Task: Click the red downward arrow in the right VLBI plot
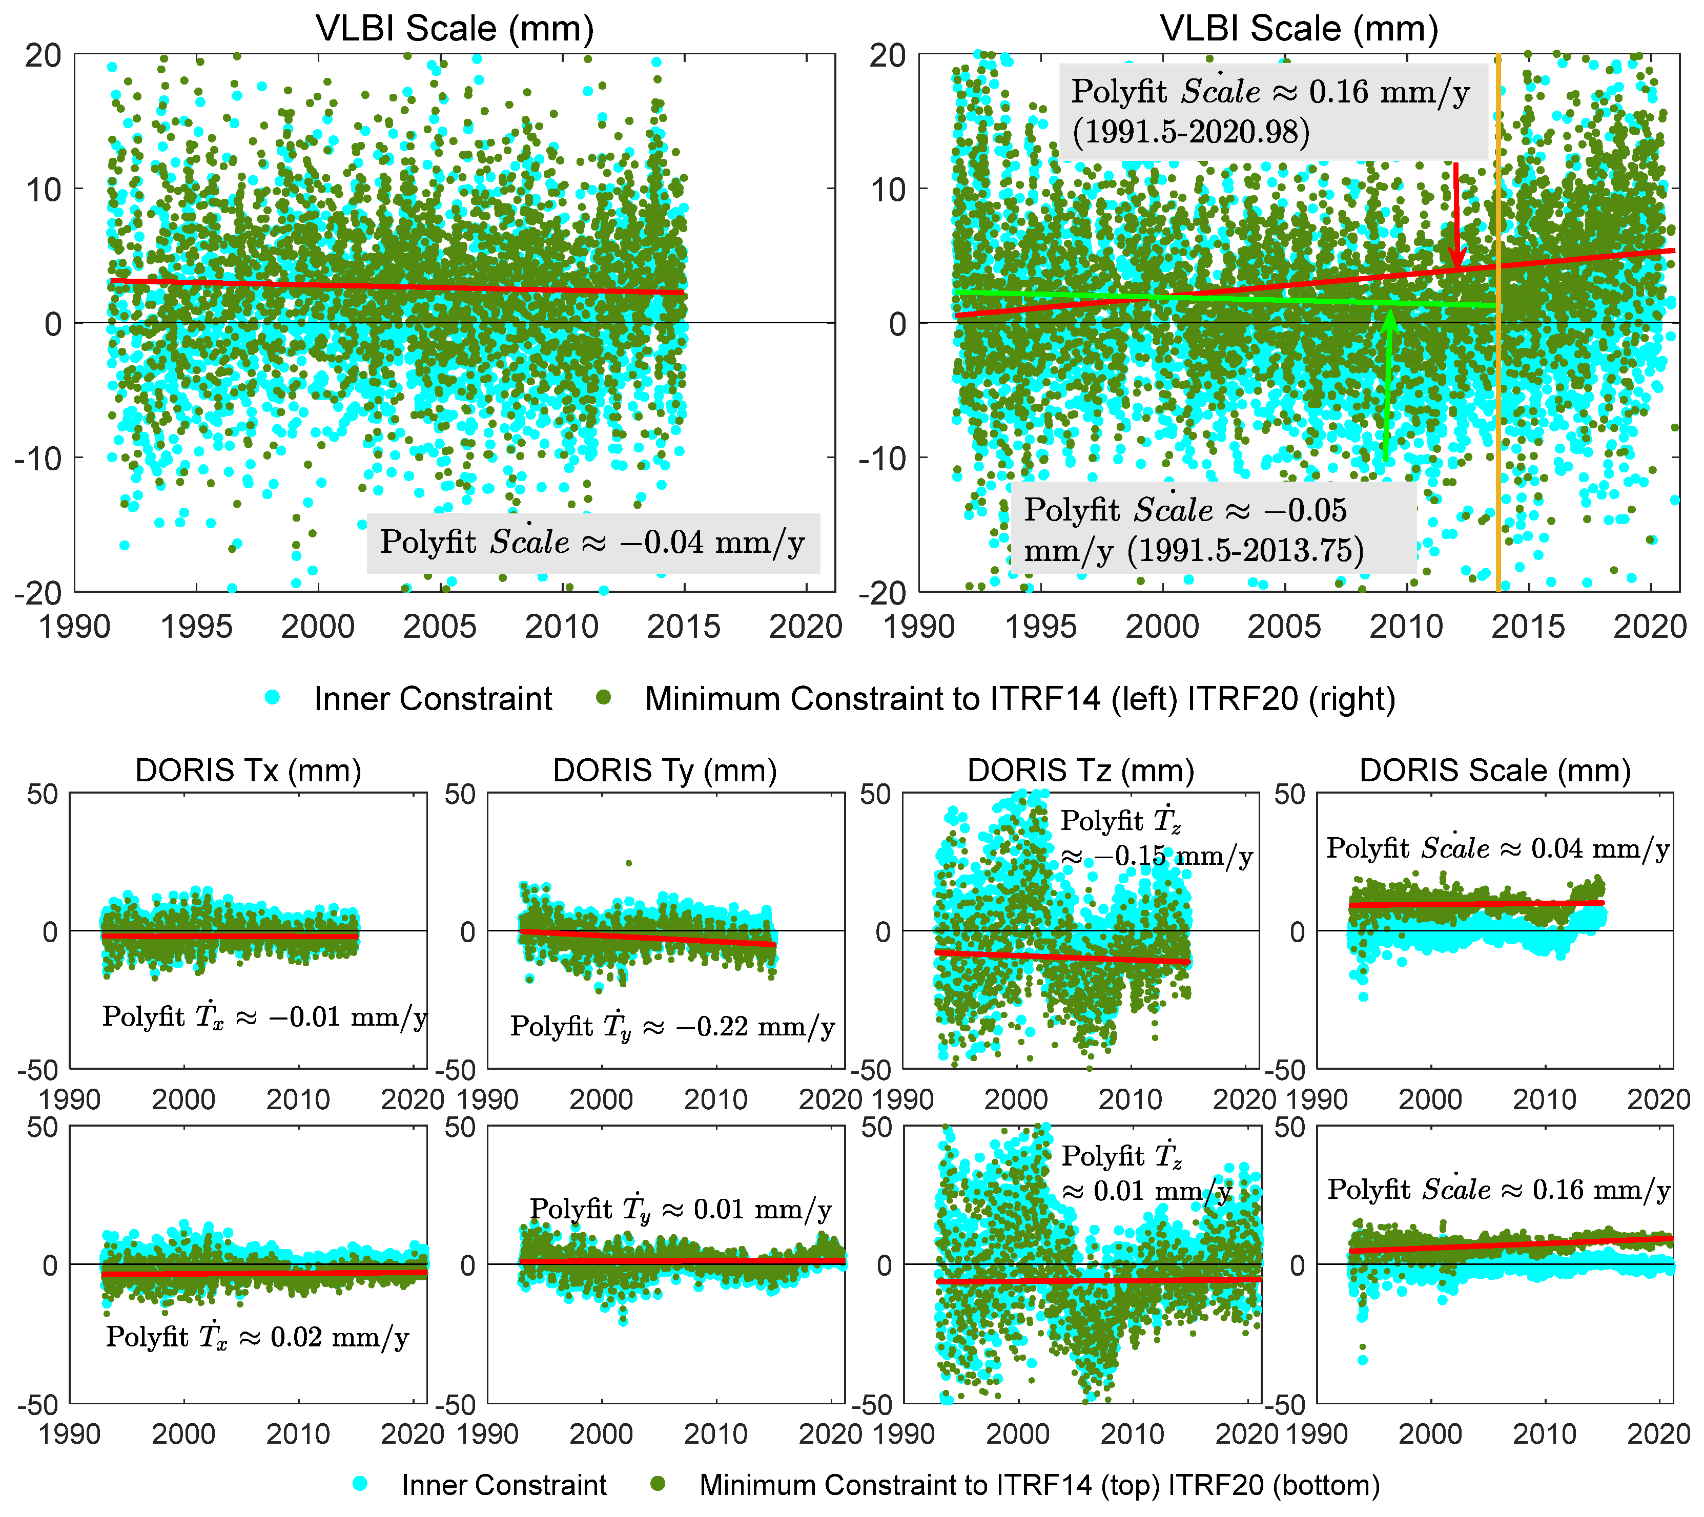[1456, 217]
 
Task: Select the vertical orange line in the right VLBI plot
[1498, 417]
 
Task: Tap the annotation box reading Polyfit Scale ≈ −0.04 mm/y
[593, 543]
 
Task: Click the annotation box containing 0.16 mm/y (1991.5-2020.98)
[1273, 111]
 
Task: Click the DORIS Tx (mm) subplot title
[249, 770]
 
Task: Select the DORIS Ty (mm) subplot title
[664, 770]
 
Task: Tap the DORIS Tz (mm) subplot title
[1080, 770]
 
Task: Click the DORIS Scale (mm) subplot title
[1495, 770]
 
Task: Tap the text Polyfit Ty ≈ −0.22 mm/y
[672, 1027]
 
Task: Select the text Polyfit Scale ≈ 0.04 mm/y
[1497, 848]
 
